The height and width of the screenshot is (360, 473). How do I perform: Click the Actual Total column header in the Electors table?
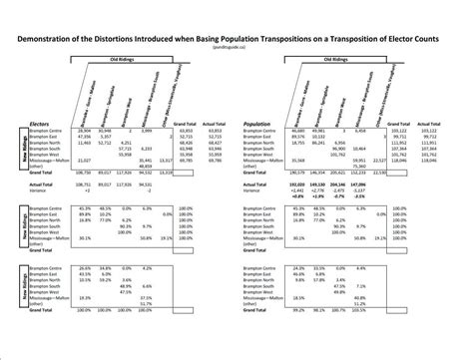(x=210, y=125)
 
